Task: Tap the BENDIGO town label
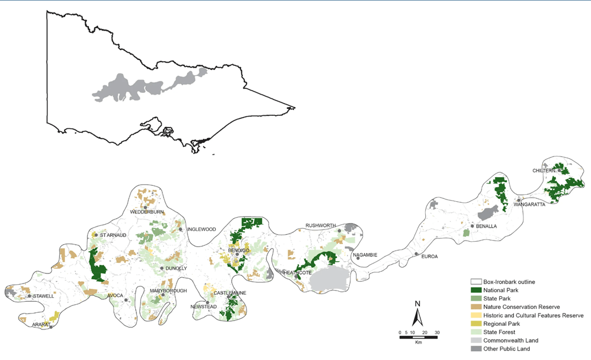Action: tap(240, 251)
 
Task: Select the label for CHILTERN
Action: tap(544, 171)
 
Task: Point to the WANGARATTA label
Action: tap(529, 205)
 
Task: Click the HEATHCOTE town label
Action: tap(298, 273)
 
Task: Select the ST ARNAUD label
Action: tap(111, 235)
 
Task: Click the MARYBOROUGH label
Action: tap(168, 291)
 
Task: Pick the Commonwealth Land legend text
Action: tap(511, 341)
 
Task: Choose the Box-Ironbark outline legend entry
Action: tap(510, 282)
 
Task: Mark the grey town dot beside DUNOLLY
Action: tap(162, 268)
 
